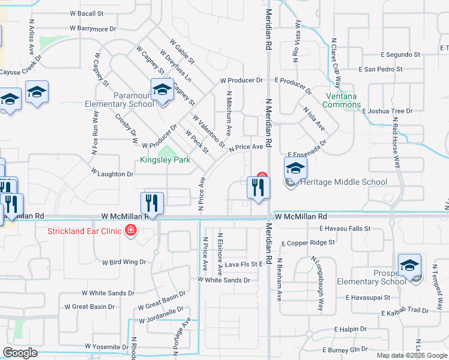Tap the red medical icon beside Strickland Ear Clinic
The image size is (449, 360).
(x=130, y=231)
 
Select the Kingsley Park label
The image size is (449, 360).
(x=165, y=160)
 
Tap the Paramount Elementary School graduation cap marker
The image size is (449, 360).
(x=161, y=90)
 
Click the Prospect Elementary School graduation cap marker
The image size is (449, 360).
(x=409, y=265)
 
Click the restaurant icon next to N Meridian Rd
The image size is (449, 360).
(x=259, y=188)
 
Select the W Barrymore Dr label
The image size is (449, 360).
(x=92, y=28)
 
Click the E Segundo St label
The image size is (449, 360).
(x=388, y=54)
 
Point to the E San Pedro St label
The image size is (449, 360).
(x=381, y=70)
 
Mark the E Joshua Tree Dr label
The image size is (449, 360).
(x=388, y=111)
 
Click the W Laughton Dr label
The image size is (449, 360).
(x=112, y=173)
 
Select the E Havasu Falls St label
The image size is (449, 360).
(x=345, y=229)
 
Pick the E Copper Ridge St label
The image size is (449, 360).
(x=308, y=243)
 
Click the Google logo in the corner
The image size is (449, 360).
(x=20, y=352)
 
